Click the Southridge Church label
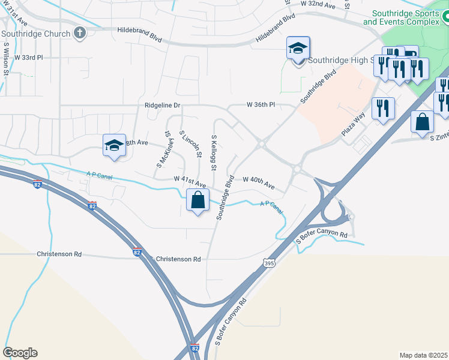pos(36,34)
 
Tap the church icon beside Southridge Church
pos(80,33)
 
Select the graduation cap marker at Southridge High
pos(298,49)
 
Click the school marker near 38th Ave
pos(114,146)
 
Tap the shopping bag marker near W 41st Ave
pos(197,200)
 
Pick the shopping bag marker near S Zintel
pos(422,122)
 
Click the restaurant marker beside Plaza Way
pos(382,109)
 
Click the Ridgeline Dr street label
pos(162,105)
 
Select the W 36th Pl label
pos(260,104)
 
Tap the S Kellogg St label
pos(214,152)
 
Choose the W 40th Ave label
pos(258,182)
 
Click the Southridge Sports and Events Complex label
pos(406,17)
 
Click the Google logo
pos(20,353)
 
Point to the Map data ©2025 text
pos(423,355)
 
